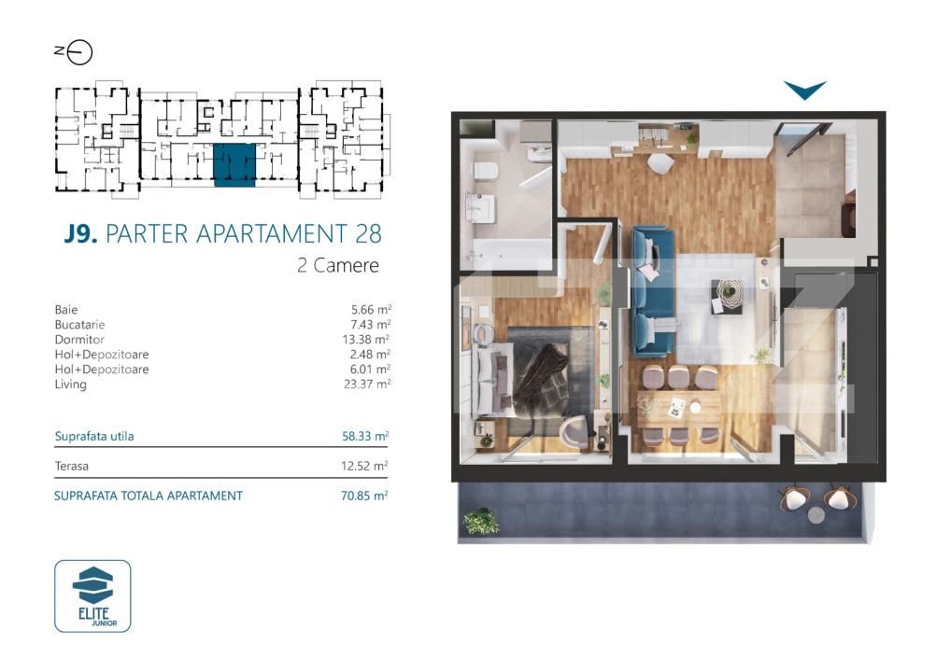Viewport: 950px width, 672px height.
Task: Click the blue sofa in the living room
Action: (x=654, y=291)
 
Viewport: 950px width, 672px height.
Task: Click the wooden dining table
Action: (x=679, y=407)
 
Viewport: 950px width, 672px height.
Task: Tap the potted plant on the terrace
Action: (x=481, y=521)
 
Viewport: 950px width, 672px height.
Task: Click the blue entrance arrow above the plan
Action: (x=804, y=91)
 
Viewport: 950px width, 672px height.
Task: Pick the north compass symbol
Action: (x=74, y=52)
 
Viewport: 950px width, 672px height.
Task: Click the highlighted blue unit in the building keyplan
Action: (x=234, y=165)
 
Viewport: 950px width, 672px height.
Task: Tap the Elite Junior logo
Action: (x=92, y=595)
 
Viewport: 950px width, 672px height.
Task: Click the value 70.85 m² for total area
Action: (x=364, y=496)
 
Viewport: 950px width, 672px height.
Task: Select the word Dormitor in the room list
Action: (x=79, y=340)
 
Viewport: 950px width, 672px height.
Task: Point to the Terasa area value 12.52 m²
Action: (x=364, y=465)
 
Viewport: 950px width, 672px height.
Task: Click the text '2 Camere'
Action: (x=337, y=265)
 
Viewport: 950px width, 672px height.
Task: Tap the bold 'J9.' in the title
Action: (x=81, y=233)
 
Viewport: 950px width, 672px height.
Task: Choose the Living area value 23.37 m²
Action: (x=365, y=384)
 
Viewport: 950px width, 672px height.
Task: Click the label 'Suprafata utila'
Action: (x=93, y=436)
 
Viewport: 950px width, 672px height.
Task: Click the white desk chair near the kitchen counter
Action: (x=660, y=162)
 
